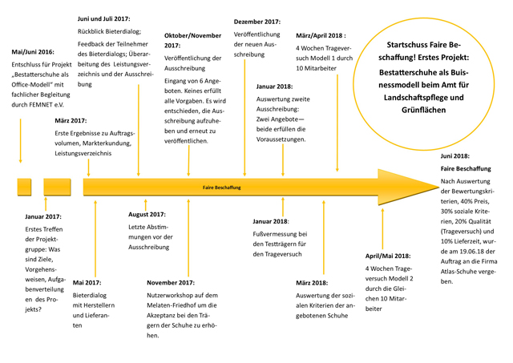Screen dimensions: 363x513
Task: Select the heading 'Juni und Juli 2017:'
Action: pyautogui.click(x=104, y=18)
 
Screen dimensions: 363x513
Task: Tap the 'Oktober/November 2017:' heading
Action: pyautogui.click(x=192, y=41)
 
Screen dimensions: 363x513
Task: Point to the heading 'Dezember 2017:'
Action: pyautogui.click(x=256, y=22)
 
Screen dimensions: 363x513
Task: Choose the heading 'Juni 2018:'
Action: pyautogui.click(x=455, y=156)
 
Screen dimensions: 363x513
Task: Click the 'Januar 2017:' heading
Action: pyautogui.click(x=43, y=216)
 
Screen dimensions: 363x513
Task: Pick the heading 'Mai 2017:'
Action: pyautogui.click(x=87, y=282)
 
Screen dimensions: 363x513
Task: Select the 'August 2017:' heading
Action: pyautogui.click(x=147, y=214)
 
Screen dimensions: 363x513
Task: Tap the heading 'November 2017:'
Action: pyautogui.click(x=171, y=282)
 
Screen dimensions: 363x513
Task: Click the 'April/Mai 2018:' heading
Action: pyautogui.click(x=388, y=256)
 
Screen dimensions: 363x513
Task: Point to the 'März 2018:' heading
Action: pyautogui.click(x=311, y=282)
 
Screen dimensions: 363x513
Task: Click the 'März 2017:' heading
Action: pyautogui.click(x=71, y=119)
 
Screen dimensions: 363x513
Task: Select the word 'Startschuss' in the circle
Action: pyautogui.click(x=409, y=45)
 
